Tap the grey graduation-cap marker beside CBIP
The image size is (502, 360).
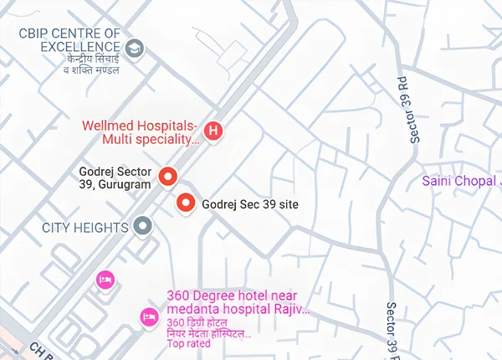point(134,49)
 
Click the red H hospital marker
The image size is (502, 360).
point(214,131)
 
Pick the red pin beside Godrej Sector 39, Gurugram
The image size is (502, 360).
point(168,177)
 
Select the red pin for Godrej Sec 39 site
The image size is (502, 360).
point(185,203)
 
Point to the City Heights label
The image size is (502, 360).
point(85,227)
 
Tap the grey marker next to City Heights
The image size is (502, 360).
point(143,226)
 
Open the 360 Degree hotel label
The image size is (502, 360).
point(238,302)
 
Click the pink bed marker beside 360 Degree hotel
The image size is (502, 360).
point(147,316)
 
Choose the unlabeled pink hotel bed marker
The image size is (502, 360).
point(105,279)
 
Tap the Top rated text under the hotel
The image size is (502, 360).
point(187,344)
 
